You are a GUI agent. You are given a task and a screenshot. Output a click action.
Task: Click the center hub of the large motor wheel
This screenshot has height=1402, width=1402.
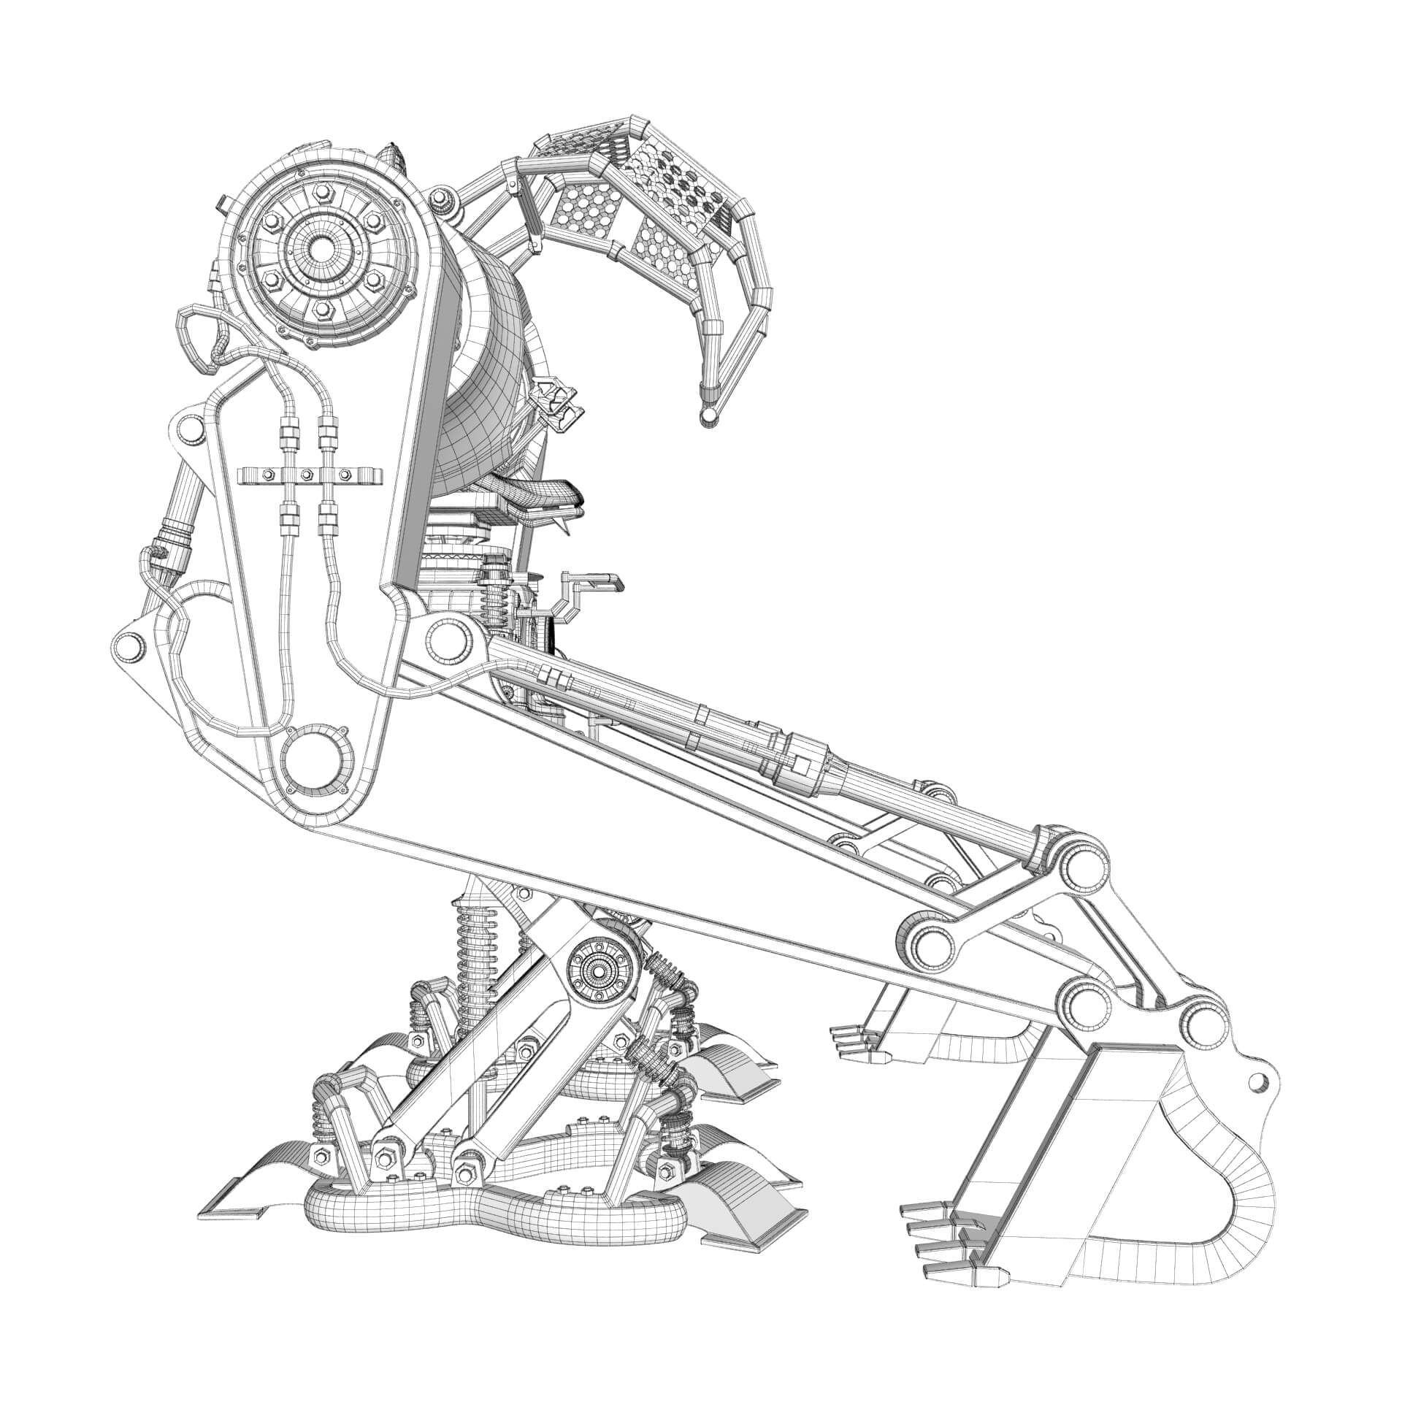(320, 249)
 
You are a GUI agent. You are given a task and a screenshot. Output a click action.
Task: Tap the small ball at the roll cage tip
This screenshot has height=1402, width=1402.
(708, 416)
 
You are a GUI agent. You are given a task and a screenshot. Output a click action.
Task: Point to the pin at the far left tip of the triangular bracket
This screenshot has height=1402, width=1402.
(129, 647)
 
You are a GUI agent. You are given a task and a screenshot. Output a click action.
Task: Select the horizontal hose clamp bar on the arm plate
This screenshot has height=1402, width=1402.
(310, 475)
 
